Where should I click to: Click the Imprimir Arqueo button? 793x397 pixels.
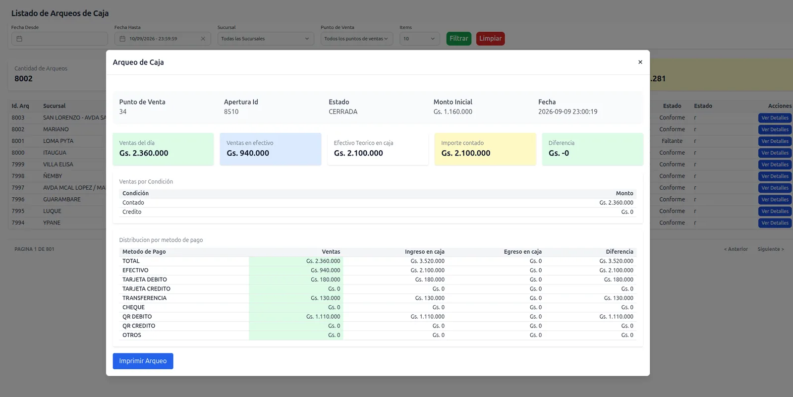point(143,361)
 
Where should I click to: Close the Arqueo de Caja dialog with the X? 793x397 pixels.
point(640,62)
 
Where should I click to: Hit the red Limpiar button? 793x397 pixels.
point(490,39)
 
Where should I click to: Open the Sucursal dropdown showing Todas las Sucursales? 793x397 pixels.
point(266,39)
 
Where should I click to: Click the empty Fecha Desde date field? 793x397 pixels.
point(59,39)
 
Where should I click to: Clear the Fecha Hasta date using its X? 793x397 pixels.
point(203,39)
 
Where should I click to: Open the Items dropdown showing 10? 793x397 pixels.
point(419,39)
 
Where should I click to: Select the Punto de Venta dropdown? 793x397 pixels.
point(356,39)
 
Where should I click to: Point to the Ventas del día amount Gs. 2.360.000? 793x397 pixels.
point(144,153)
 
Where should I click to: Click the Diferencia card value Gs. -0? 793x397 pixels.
point(559,153)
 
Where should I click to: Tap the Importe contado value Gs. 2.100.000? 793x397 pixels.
point(465,153)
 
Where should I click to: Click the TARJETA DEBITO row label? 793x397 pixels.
point(144,280)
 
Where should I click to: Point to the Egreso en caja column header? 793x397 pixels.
point(522,252)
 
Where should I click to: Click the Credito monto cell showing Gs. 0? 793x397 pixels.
point(627,212)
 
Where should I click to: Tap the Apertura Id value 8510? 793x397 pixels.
point(231,112)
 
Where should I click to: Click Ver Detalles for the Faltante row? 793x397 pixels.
point(775,141)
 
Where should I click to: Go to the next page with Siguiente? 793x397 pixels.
point(771,249)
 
